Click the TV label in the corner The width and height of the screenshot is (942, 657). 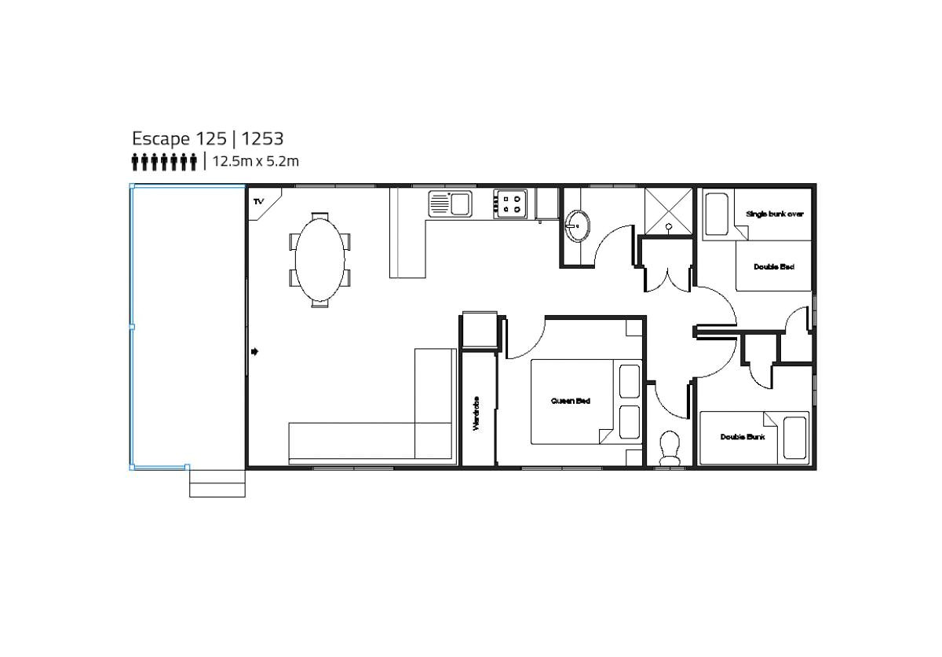(x=257, y=202)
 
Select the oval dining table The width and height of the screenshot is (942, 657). (x=319, y=259)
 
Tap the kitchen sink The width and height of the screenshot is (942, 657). (x=449, y=204)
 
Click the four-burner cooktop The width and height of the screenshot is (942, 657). (x=512, y=204)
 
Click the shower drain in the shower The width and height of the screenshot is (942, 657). (x=669, y=226)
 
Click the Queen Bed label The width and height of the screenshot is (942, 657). (x=571, y=401)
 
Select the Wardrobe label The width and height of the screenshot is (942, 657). (x=476, y=413)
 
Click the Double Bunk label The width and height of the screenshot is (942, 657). (x=742, y=437)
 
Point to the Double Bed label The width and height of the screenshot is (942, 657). (x=773, y=267)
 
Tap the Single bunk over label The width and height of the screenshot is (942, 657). (x=774, y=214)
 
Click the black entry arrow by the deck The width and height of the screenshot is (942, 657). (x=254, y=351)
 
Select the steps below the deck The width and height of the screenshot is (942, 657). (x=217, y=483)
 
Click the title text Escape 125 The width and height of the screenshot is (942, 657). (x=178, y=139)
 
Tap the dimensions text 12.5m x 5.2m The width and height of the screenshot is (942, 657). (x=256, y=162)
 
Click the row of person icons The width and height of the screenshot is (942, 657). (x=164, y=162)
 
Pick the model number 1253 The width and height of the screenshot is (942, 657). (x=262, y=139)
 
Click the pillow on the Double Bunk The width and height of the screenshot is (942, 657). (x=794, y=438)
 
